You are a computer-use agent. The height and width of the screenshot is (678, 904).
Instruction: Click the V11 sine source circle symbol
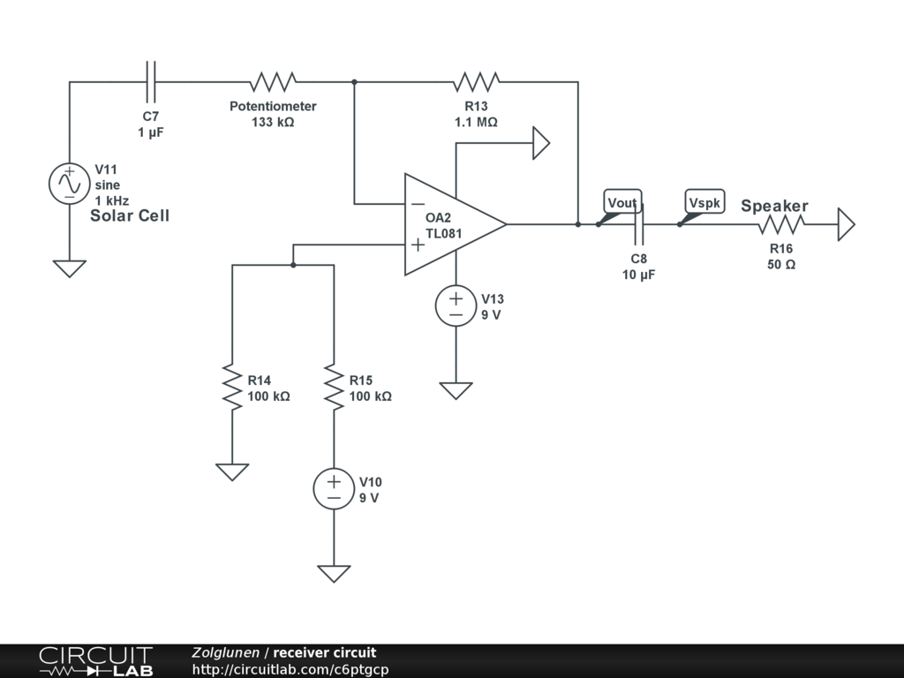coord(69,184)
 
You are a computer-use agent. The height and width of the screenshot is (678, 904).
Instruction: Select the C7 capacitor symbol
coord(150,82)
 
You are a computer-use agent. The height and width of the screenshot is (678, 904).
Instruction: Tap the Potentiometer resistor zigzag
coord(273,82)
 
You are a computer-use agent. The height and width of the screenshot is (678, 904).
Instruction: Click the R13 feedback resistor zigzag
coord(476,82)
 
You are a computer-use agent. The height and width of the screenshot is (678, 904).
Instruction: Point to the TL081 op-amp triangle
coord(456,224)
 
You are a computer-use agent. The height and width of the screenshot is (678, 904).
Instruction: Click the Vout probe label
coord(622,202)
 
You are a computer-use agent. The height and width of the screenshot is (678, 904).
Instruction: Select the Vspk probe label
coord(704,202)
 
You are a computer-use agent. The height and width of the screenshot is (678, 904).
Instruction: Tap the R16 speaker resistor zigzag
coord(781,224)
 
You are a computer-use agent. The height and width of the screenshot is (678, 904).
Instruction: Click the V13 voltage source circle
coord(456,306)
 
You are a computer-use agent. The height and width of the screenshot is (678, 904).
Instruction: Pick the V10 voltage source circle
coord(334,489)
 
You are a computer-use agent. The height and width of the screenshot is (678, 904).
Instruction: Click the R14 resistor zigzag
coord(232,387)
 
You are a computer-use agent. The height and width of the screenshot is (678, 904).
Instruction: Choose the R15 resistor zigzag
coord(334,387)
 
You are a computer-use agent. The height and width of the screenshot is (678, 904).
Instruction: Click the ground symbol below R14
coord(232,472)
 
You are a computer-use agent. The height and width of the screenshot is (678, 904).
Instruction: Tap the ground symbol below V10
coord(334,574)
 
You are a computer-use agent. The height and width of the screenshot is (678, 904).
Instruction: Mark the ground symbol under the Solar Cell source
coord(69,268)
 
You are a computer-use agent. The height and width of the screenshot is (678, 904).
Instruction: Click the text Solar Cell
coord(130,215)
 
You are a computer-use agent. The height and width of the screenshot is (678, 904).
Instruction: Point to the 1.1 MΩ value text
coord(476,122)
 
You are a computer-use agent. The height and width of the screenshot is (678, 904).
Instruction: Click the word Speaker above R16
coord(774,207)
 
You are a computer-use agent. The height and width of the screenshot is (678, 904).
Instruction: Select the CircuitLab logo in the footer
coord(95,661)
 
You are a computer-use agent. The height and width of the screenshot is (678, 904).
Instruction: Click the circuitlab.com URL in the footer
coord(290,669)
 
